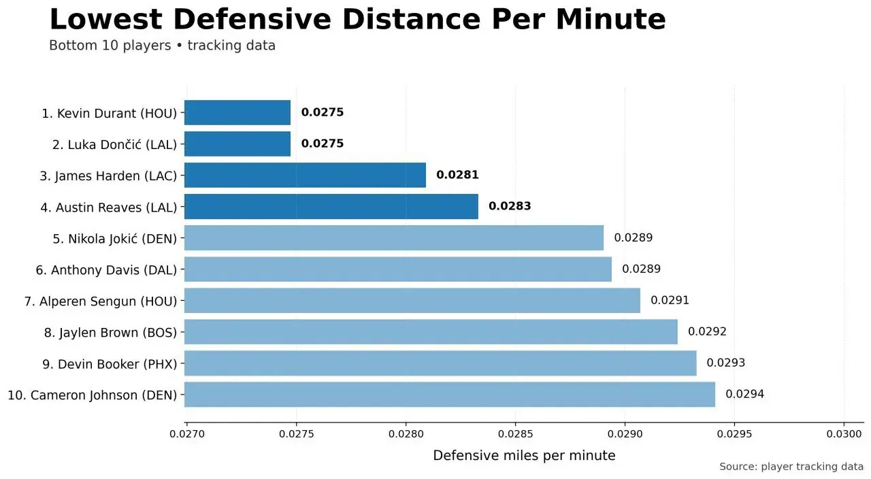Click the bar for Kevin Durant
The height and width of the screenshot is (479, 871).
[237, 113]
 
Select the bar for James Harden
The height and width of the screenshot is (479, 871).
[305, 175]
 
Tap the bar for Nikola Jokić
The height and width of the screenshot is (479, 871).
[394, 238]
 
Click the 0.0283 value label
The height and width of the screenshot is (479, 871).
[510, 206]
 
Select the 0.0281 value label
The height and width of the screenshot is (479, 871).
[457, 175]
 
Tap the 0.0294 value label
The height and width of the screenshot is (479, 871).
[744, 394]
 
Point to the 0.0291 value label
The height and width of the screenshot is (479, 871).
[670, 300]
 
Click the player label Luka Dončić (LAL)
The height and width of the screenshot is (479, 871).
[114, 144]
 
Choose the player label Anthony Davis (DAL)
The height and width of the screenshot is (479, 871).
[106, 270]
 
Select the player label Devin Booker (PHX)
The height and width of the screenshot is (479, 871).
[109, 364]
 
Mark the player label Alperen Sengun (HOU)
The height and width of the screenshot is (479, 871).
[100, 301]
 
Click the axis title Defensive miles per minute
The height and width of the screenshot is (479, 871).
[524, 456]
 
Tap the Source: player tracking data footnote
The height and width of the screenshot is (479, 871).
[791, 467]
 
